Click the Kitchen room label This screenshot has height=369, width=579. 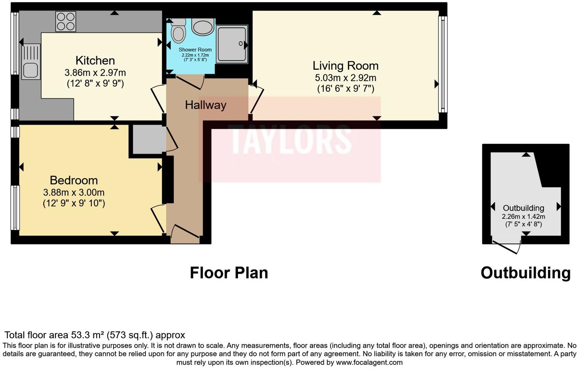click(x=95, y=61)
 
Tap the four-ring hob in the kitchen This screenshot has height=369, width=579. click(x=66, y=21)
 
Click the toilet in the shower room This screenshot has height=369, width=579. click(x=178, y=31)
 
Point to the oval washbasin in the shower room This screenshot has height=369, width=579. click(x=203, y=27)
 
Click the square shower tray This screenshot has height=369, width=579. click(x=232, y=44)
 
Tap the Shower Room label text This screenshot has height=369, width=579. click(x=195, y=50)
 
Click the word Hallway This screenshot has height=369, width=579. click(x=206, y=105)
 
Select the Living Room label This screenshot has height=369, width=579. click(x=345, y=66)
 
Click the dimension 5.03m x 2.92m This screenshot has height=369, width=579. click(x=345, y=78)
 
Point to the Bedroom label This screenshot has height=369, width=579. click(x=74, y=180)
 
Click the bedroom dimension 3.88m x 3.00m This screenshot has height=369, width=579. click(x=74, y=193)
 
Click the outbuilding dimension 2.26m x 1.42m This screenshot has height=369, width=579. click(x=523, y=217)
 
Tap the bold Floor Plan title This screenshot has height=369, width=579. click(x=229, y=273)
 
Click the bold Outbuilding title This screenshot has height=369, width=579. click(x=525, y=273)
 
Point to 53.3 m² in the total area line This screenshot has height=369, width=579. click(x=88, y=335)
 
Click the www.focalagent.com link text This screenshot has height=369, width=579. click(x=369, y=363)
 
